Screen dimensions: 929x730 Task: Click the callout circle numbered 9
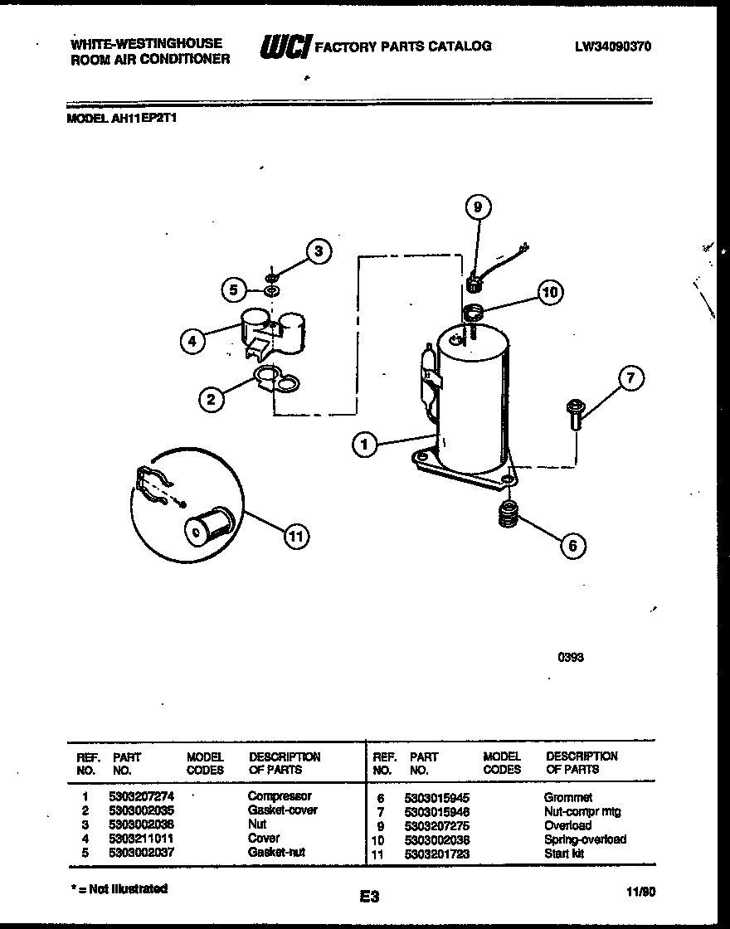[x=478, y=207]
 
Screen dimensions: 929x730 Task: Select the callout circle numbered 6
[x=572, y=545]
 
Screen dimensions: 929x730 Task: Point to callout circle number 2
[x=212, y=400]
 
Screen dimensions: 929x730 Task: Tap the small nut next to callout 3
[x=272, y=276]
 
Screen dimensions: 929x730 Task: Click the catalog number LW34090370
[x=612, y=47]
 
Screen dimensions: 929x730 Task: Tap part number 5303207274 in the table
[x=142, y=796]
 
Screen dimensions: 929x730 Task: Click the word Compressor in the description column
[x=280, y=796]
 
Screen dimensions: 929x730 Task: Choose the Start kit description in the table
[x=564, y=853]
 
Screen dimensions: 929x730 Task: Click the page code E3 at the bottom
[x=370, y=896]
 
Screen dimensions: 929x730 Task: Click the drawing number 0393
[x=570, y=658]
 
